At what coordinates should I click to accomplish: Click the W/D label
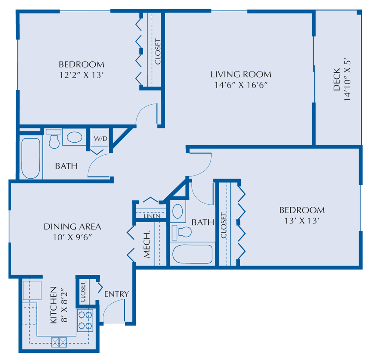pos(100,138)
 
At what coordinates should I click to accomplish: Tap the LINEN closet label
pos(152,216)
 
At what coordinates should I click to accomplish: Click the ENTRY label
pos(116,294)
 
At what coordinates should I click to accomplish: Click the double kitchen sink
pos(59,342)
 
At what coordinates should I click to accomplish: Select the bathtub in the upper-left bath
pos(31,158)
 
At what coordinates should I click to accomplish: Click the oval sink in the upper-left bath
pos(75,138)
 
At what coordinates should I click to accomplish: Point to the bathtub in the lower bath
pos(192,254)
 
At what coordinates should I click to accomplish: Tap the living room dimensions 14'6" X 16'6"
pos(241,85)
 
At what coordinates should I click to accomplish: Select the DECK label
pos(337,80)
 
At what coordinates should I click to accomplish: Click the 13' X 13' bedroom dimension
pos(302,221)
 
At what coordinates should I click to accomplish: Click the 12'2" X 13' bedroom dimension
pos(82,75)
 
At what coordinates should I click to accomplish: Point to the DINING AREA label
pos(72,226)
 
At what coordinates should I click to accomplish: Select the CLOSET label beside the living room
pos(158,52)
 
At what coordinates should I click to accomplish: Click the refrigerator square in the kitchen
pos(32,290)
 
